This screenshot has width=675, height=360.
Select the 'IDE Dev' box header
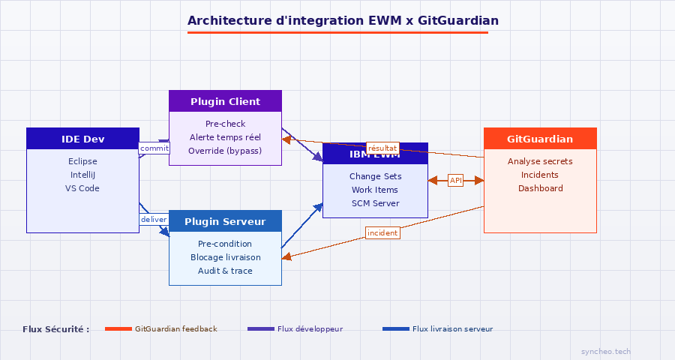coord(82,139)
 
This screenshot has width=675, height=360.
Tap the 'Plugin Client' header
coord(225,101)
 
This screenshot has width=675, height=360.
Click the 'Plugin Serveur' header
coord(225,221)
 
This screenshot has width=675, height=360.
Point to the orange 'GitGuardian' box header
coord(540,139)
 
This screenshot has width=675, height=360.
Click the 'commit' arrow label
coord(154,148)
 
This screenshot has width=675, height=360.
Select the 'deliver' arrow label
coord(154,219)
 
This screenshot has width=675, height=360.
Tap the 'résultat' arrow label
coord(382,148)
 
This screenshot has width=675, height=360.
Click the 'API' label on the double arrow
coord(456,180)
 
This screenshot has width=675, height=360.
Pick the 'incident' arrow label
coord(382,232)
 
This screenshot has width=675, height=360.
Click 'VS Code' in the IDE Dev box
coord(82,188)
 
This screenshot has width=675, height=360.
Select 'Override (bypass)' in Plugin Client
coord(225,151)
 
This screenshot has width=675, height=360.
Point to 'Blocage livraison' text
coord(225,257)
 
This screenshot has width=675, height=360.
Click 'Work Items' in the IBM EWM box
coord(375,190)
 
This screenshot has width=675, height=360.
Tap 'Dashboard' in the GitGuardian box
coord(540,188)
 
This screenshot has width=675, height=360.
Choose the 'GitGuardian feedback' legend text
coord(176,328)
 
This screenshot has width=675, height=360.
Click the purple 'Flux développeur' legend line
coord(260,328)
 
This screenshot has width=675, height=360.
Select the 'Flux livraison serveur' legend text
coord(452,328)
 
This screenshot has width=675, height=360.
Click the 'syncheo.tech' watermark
coord(606,351)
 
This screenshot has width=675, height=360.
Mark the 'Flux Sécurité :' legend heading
coord(56,328)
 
